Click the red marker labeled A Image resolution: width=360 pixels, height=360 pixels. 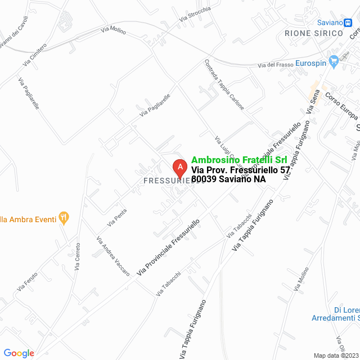[179, 166]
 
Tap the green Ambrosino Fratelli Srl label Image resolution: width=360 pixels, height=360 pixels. [239, 160]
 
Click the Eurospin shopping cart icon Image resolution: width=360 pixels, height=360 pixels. [334, 59]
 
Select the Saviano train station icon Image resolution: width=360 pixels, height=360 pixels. [349, 22]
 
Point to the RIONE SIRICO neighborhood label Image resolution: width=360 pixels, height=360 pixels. [313, 34]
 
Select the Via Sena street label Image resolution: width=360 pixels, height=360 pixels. [313, 102]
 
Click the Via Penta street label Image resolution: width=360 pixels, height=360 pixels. [117, 218]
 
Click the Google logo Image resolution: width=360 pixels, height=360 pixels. [19, 353]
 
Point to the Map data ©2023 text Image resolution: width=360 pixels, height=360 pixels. [336, 355]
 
